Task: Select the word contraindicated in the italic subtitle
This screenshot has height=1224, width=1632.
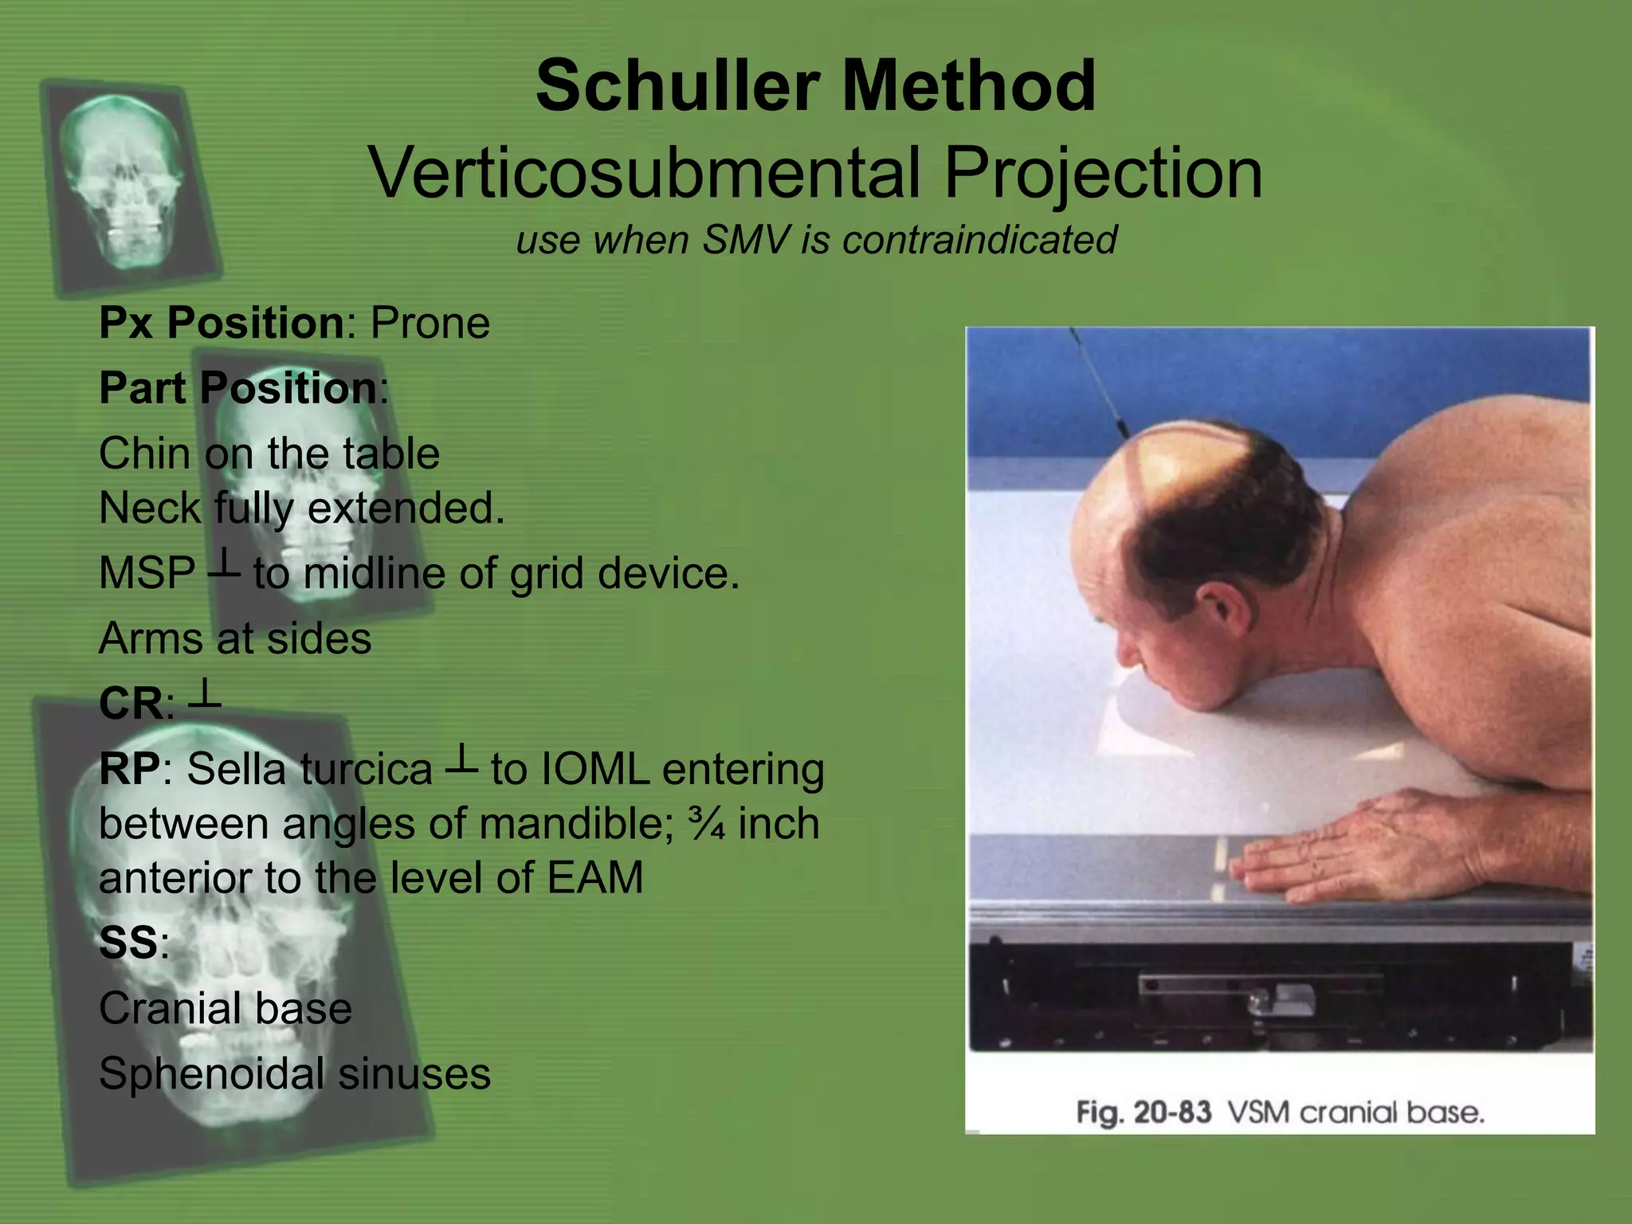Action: point(979,240)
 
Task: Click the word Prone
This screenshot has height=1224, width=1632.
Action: point(430,324)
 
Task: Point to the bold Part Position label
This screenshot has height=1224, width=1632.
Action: point(237,389)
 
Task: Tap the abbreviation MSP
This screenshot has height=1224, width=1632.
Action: point(147,573)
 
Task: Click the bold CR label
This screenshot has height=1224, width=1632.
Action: point(131,704)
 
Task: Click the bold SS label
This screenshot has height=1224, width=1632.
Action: point(128,943)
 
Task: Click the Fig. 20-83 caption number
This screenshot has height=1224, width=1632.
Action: point(1144,1112)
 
